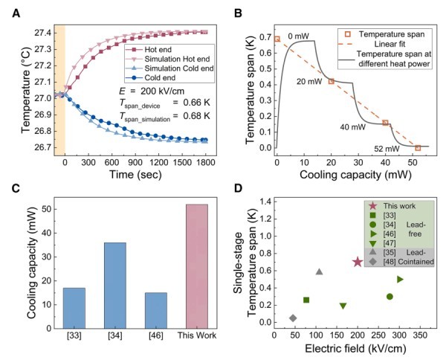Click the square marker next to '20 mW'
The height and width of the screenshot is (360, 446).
(331, 81)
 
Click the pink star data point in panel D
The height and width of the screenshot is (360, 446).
(358, 262)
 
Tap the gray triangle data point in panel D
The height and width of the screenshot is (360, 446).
(319, 271)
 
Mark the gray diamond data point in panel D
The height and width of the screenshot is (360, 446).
(293, 318)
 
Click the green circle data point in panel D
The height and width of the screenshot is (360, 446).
(389, 297)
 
